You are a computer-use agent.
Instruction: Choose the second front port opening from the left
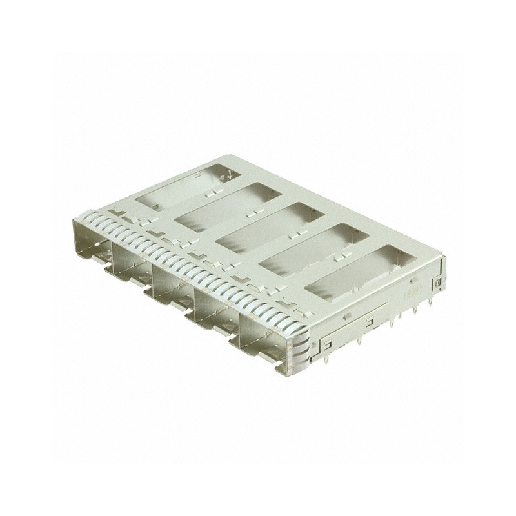click(132, 267)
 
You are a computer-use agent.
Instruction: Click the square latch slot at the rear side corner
click(437, 283)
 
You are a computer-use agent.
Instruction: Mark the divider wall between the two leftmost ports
click(111, 254)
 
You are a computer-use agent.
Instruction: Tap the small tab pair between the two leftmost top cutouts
click(210, 192)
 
